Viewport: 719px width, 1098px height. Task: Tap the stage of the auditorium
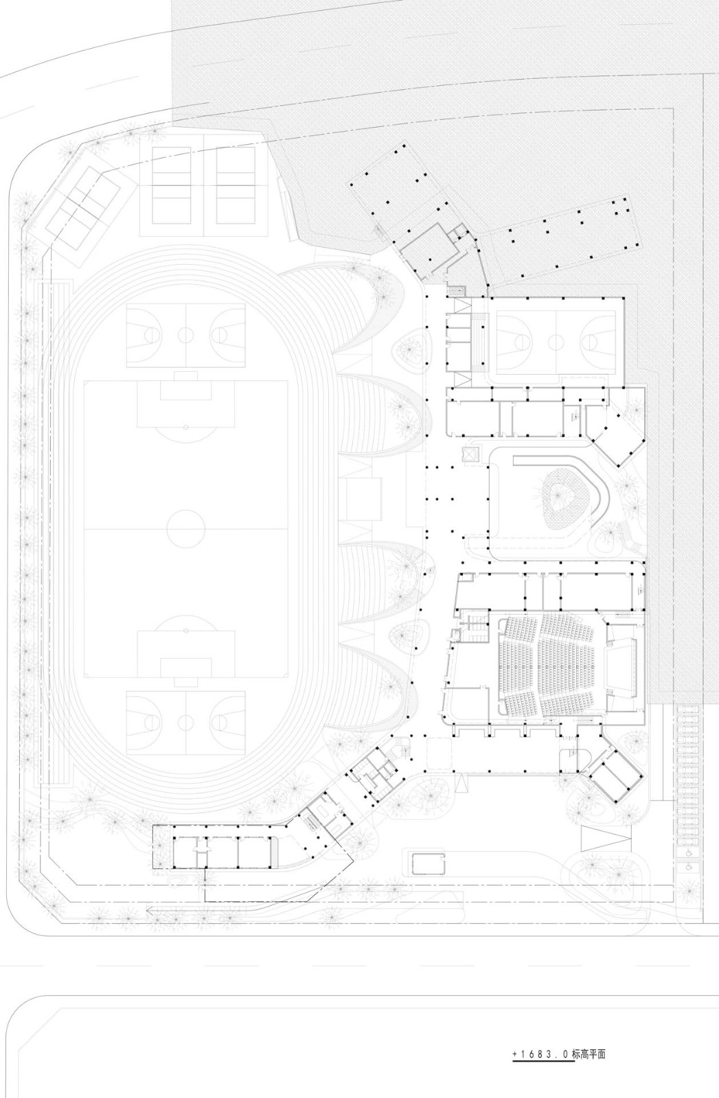pos(621,666)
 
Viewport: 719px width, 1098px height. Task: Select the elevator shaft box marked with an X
pos(471,455)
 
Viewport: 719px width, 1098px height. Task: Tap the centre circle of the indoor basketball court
pos(554,338)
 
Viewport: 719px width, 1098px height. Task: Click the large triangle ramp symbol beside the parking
pos(606,839)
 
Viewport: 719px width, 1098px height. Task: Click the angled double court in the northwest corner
pos(82,201)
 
